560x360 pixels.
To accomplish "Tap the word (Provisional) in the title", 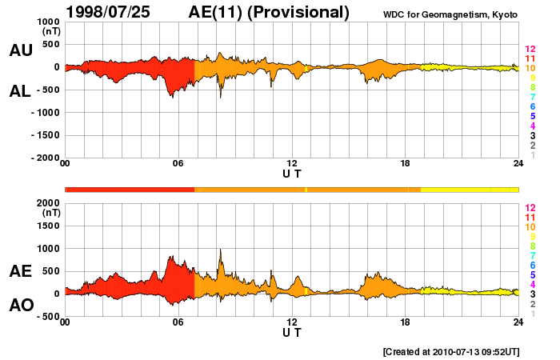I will [x=298, y=12].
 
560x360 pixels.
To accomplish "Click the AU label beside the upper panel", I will [x=21, y=50].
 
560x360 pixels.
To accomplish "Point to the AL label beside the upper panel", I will [x=21, y=91].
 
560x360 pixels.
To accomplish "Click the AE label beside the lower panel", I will [x=21, y=271].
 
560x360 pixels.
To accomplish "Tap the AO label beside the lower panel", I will [x=21, y=306].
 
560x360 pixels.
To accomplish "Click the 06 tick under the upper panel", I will [x=178, y=164].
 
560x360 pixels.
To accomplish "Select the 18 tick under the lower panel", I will [x=406, y=322].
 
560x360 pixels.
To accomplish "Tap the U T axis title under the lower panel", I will [x=292, y=332].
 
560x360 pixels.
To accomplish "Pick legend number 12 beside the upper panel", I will [x=530, y=50].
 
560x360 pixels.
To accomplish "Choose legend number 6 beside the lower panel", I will [x=531, y=265].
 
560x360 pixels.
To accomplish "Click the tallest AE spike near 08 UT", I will [x=220, y=250].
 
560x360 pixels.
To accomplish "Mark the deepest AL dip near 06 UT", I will [x=171, y=96].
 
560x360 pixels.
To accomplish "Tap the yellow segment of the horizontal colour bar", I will [x=469, y=189].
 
